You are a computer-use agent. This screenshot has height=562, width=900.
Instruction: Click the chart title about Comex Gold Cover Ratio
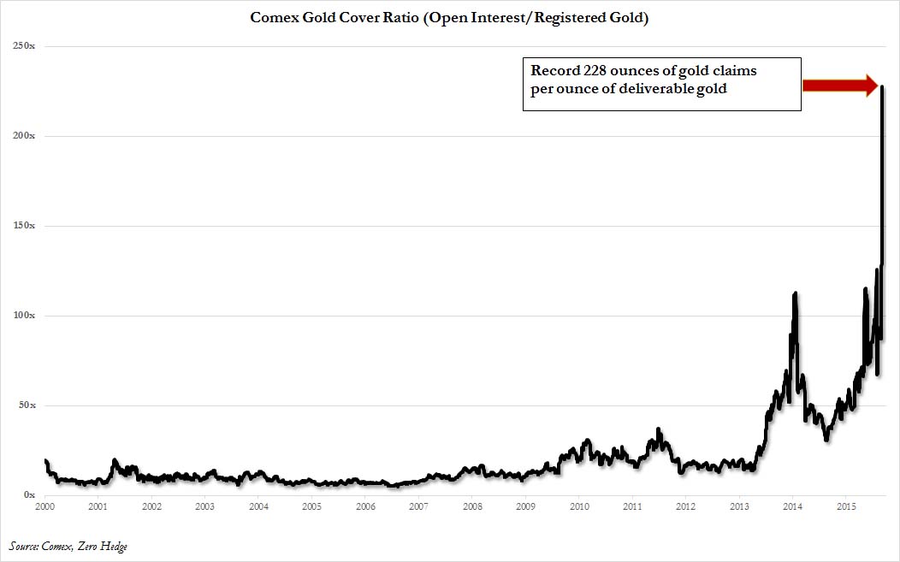click(450, 18)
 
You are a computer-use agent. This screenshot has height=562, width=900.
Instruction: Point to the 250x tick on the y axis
click(23, 46)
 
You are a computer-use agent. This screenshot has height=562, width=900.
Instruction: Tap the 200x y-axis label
click(23, 136)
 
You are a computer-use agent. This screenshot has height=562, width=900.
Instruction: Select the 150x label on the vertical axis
click(23, 226)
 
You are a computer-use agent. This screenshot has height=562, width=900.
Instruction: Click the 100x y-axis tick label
click(23, 316)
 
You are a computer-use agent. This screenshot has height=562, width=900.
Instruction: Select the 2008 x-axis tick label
click(471, 506)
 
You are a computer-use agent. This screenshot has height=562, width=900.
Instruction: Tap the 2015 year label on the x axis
click(845, 506)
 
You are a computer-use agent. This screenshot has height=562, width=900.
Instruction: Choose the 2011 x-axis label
click(632, 506)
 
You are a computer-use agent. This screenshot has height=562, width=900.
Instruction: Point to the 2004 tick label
click(258, 506)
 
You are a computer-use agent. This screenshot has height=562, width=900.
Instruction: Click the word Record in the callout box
click(552, 70)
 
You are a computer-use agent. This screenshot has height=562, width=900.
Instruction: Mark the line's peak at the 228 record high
click(882, 87)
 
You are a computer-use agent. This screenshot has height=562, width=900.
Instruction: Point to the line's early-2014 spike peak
click(796, 293)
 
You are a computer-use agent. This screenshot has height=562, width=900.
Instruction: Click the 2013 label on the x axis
click(738, 506)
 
